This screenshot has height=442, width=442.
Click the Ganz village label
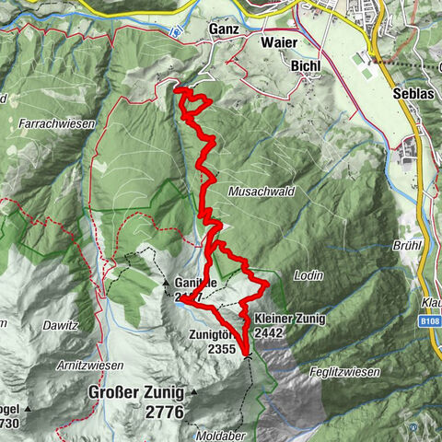pos(224,29)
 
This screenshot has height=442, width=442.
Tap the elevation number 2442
pos(266,332)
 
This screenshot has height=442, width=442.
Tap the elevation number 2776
pos(164,410)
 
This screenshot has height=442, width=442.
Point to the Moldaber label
pos(217,431)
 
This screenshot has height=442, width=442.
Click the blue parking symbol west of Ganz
pos(176,29)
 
